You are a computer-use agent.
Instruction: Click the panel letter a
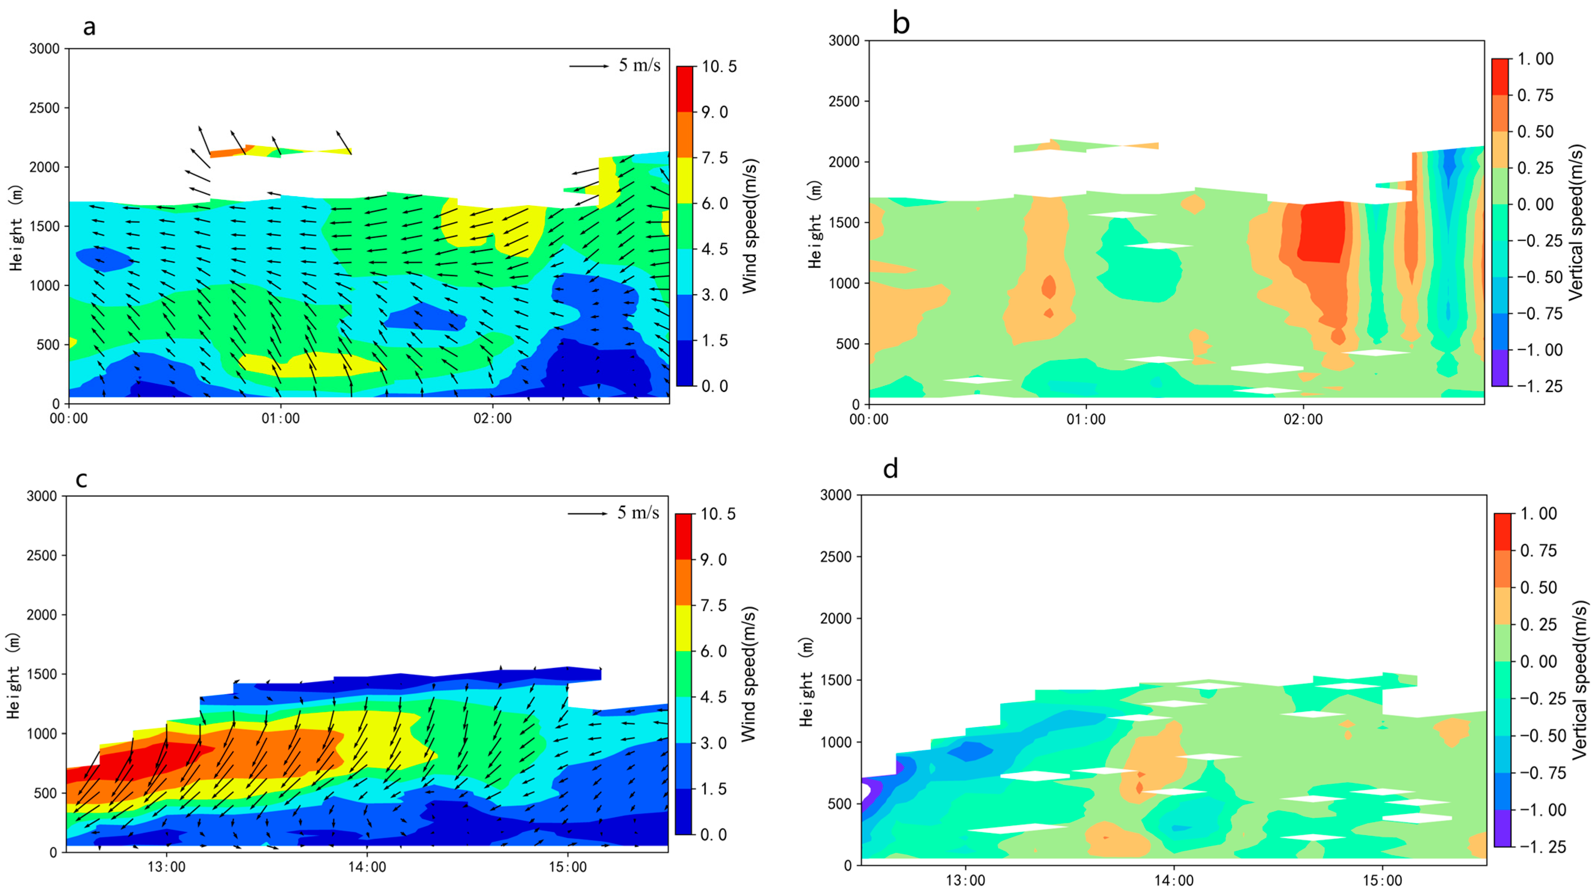coord(90,27)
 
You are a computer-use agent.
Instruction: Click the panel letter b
coord(901,24)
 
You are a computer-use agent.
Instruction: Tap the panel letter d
coord(890,469)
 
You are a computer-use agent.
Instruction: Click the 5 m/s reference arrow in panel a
coord(589,66)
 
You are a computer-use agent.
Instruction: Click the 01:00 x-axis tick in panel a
coord(281,419)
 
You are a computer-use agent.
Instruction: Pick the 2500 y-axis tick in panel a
coord(44,108)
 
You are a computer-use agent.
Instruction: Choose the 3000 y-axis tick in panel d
coord(836,495)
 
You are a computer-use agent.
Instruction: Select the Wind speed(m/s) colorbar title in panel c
coord(749,674)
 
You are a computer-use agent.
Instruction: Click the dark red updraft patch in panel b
coord(1323,231)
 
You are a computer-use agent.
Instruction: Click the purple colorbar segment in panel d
coord(1503,828)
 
